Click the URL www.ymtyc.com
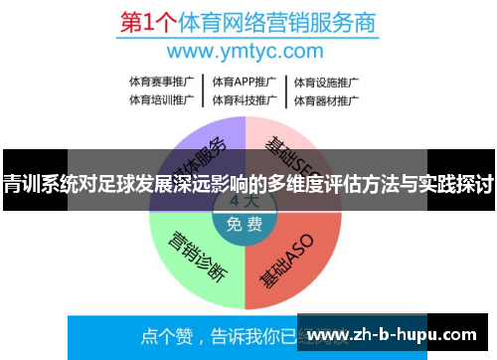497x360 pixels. point(248,50)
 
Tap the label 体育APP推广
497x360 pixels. point(243,82)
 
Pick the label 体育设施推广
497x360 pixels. point(324,82)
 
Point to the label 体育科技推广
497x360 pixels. point(243,99)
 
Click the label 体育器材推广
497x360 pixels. point(324,99)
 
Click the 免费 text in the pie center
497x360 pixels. point(245,224)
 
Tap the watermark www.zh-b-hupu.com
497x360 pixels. point(399,335)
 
